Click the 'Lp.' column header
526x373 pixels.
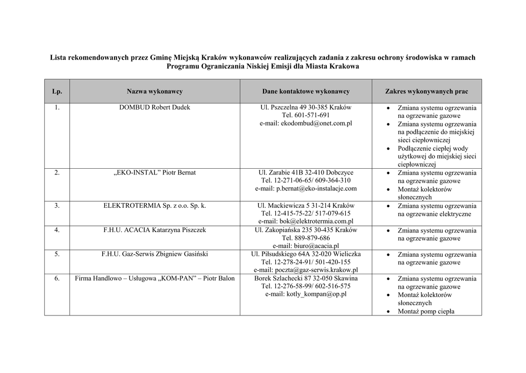[x=57, y=91]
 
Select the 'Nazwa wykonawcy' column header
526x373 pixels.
[x=155, y=91]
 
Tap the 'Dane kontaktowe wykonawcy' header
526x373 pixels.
[x=306, y=91]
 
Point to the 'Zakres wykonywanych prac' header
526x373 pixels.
[x=426, y=91]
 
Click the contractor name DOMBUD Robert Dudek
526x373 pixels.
[x=155, y=108]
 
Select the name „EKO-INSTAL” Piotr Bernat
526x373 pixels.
[x=155, y=172]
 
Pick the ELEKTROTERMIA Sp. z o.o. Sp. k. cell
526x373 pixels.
[x=155, y=205]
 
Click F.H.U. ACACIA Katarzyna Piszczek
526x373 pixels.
[x=155, y=230]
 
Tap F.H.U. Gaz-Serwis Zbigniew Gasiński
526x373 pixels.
[x=155, y=254]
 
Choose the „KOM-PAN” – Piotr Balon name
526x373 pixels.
[x=155, y=278]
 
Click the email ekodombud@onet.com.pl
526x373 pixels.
[x=306, y=123]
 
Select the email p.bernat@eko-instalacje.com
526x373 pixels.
[x=306, y=188]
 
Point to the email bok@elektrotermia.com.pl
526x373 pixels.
[x=306, y=221]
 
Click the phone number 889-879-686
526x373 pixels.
[x=306, y=238]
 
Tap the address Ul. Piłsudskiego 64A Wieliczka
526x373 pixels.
[x=306, y=254]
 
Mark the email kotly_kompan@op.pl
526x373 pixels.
[x=306, y=294]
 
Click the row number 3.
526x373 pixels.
[x=57, y=205]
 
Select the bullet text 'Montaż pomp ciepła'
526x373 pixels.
[x=426, y=311]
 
